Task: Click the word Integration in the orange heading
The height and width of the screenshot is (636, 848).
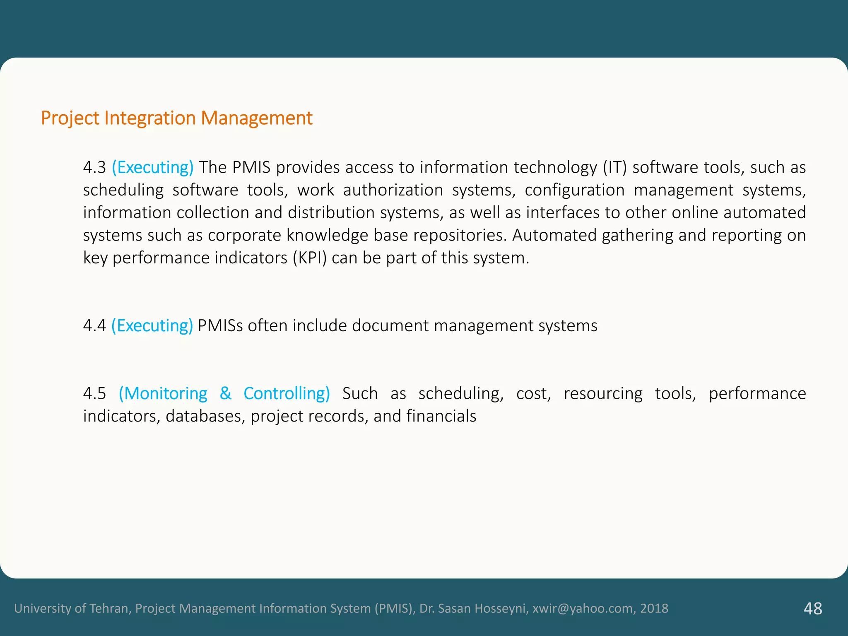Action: (x=150, y=118)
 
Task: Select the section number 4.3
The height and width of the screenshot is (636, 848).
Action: (x=94, y=167)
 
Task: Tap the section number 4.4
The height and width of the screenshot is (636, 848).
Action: (x=94, y=326)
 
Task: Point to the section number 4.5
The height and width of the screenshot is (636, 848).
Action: (x=94, y=393)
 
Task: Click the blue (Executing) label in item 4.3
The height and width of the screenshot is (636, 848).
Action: (x=152, y=167)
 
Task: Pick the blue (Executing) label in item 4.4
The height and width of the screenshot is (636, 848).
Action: (x=152, y=326)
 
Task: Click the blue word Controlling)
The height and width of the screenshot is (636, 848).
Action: (x=287, y=393)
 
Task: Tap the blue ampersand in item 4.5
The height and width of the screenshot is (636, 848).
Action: (x=225, y=393)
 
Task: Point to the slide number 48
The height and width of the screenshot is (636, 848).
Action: (x=813, y=609)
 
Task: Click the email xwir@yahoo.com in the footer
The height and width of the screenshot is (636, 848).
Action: (x=583, y=608)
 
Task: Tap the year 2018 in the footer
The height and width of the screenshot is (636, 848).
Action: (x=654, y=608)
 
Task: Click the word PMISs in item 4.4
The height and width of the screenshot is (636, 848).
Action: (x=220, y=326)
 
